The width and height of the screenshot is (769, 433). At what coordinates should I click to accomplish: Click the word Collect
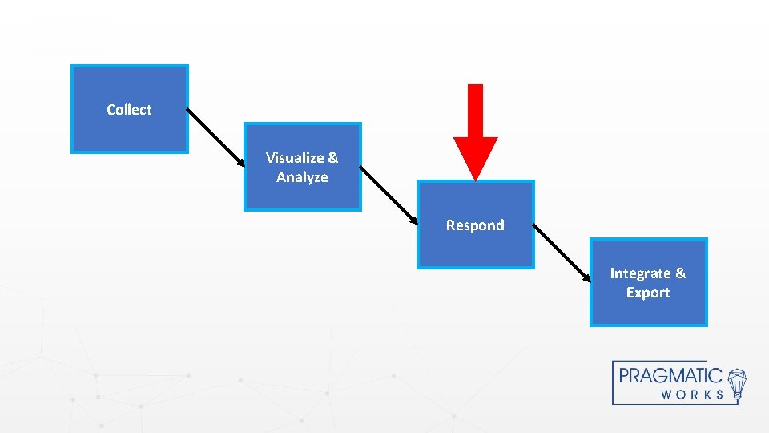point(129,110)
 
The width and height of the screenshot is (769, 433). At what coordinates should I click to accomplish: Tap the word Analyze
point(302,177)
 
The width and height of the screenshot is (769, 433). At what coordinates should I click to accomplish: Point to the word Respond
point(475,225)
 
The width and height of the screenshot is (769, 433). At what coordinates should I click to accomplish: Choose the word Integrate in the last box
point(640,273)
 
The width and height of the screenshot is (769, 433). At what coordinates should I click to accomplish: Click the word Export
point(648,293)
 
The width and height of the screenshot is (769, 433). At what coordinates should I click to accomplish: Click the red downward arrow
point(475,128)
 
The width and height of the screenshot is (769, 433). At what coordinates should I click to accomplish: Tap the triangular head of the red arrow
point(475,156)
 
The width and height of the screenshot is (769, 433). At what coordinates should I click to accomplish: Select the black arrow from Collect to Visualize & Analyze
point(216,137)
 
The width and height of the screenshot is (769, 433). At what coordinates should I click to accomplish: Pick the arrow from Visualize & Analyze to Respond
point(389,195)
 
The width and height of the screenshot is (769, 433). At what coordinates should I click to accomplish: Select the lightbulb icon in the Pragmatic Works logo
point(736,383)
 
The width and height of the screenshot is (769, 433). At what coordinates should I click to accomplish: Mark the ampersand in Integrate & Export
point(680,273)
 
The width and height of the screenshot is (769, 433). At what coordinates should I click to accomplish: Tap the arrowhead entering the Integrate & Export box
point(586,277)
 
